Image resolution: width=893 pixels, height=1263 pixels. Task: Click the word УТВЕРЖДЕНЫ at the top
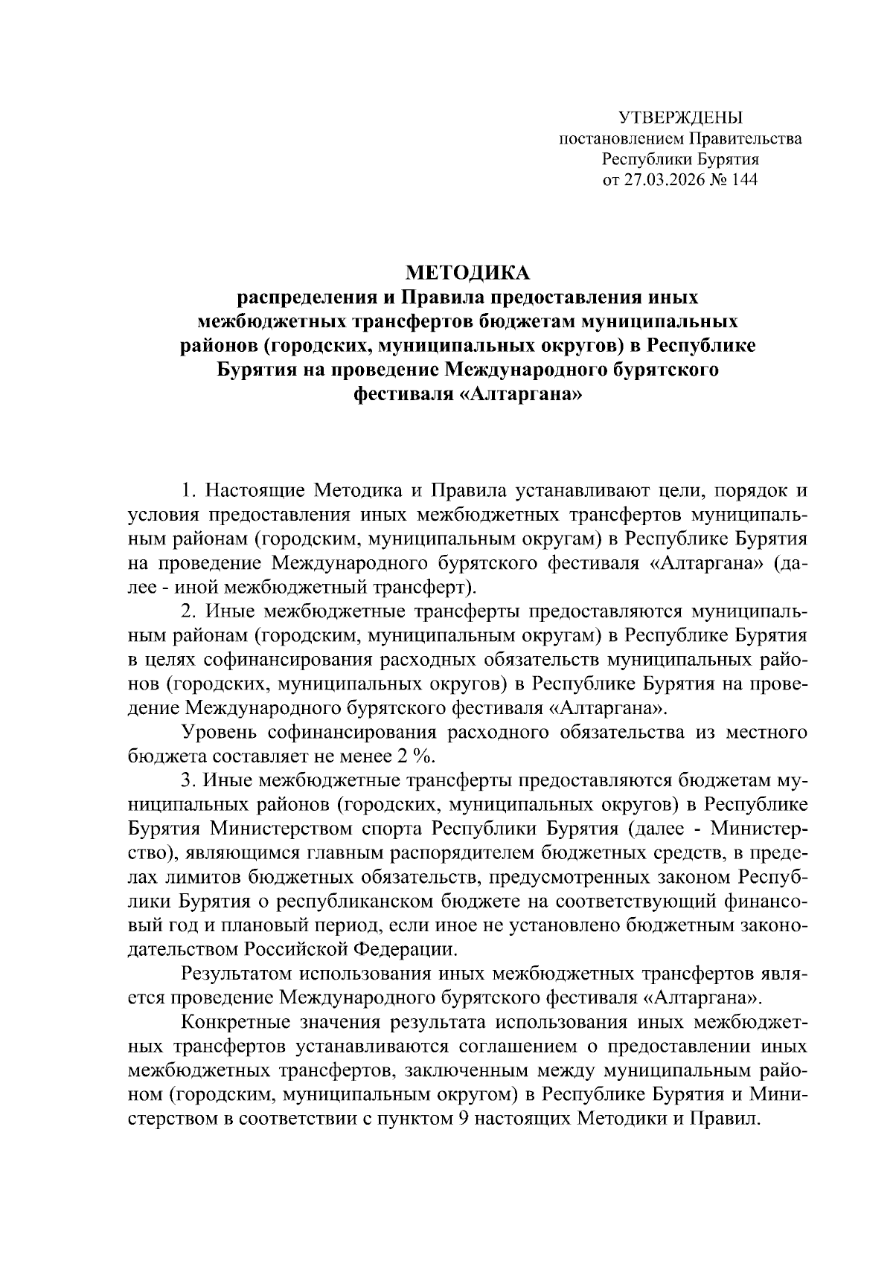pos(680,118)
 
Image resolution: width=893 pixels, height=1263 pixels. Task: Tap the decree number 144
pos(744,180)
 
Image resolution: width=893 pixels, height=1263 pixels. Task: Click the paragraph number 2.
pos(188,611)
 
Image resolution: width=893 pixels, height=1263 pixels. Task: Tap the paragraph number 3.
pos(188,780)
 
